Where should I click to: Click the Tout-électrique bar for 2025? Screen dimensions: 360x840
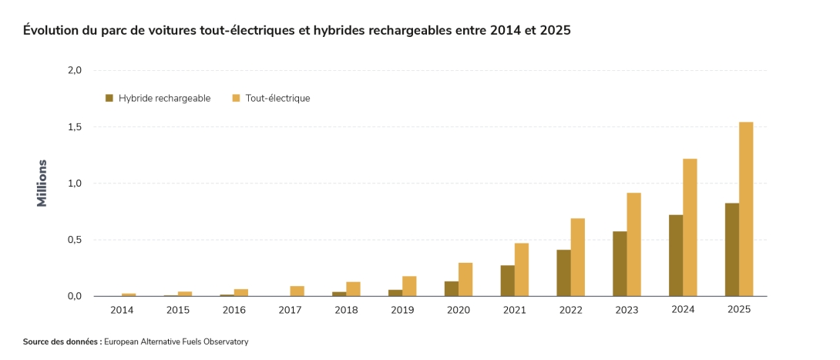[746, 209]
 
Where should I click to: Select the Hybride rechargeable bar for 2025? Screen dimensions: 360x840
[732, 250]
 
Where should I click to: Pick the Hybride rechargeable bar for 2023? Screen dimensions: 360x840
[620, 264]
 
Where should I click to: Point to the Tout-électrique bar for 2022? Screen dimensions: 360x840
[577, 257]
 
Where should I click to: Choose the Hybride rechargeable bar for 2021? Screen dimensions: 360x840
[507, 281]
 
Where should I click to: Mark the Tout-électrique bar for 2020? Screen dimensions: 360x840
[465, 280]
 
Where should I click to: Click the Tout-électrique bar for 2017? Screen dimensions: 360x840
[297, 291]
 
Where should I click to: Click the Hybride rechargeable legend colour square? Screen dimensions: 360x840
[109, 98]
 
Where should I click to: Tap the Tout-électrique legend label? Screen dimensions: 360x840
[277, 99]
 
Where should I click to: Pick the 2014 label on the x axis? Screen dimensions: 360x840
[123, 310]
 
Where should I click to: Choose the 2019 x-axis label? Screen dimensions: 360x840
[402, 310]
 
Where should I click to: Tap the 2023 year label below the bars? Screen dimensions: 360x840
[627, 310]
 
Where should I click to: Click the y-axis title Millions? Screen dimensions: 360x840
[42, 183]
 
